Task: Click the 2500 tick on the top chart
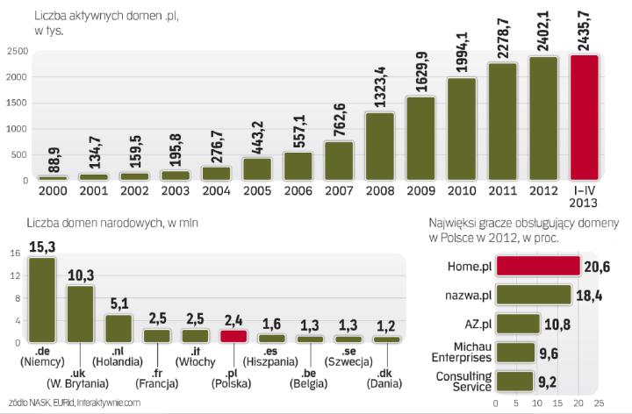click(x=15, y=52)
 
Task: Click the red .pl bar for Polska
click(x=233, y=336)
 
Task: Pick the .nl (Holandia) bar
click(x=118, y=327)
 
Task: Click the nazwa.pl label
click(x=465, y=295)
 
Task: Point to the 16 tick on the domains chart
click(x=16, y=254)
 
